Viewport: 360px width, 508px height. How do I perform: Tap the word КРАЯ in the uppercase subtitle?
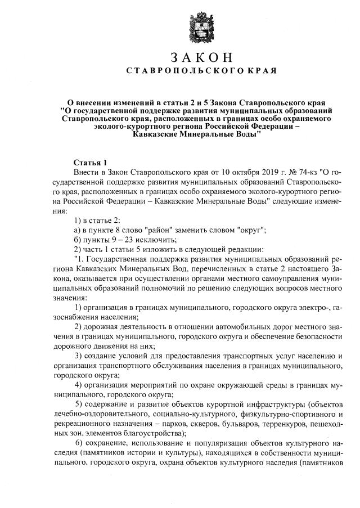coord(263,71)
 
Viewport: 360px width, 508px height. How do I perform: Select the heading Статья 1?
coord(91,161)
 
